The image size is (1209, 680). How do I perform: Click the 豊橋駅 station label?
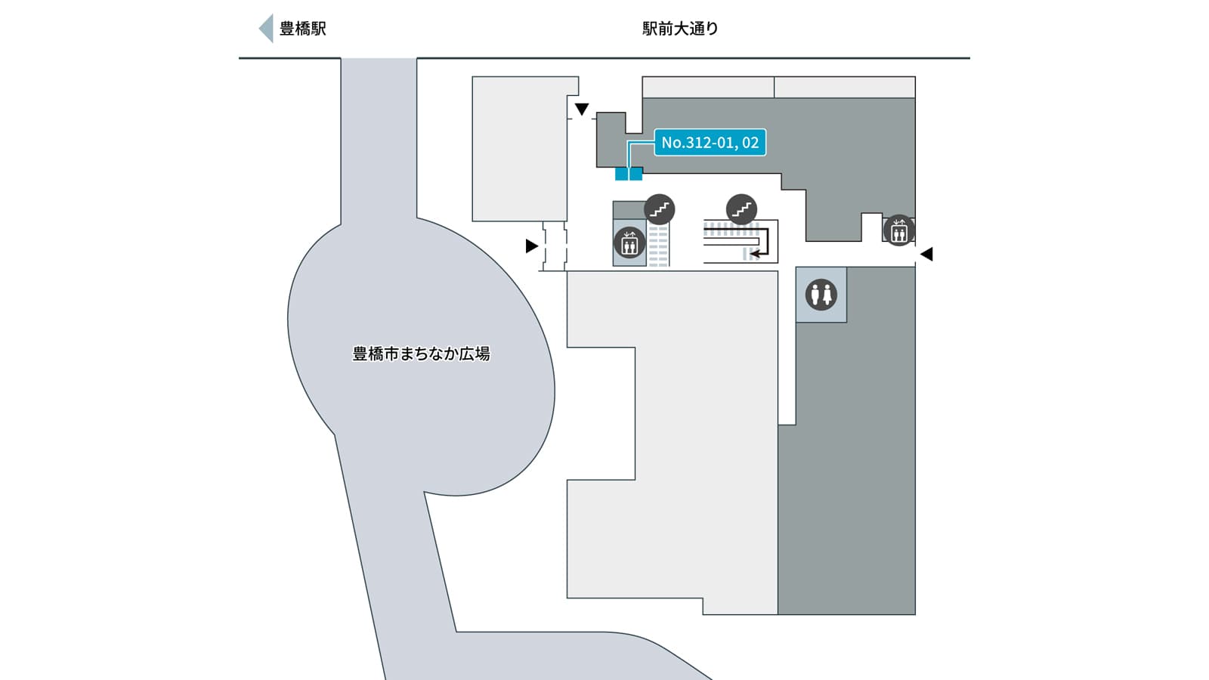(303, 29)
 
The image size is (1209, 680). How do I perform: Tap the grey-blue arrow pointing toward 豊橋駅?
(266, 29)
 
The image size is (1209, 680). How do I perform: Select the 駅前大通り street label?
(680, 29)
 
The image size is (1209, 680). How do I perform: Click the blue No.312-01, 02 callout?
(710, 142)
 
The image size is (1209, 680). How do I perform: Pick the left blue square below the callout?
(621, 175)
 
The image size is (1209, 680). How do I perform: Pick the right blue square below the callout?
(635, 175)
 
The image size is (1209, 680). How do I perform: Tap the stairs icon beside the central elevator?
(660, 209)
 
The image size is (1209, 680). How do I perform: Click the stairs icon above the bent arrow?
(741, 209)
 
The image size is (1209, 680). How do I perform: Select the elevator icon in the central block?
(629, 243)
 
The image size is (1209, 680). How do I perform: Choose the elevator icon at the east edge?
(898, 230)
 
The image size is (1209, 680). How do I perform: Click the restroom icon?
(821, 295)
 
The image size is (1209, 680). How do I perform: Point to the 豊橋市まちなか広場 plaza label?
(421, 354)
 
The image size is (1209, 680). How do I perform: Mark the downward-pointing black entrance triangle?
(581, 110)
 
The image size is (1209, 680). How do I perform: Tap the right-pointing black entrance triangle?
(532, 246)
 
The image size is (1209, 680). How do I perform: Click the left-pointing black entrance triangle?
(926, 255)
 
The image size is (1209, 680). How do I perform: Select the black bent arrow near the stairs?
(762, 246)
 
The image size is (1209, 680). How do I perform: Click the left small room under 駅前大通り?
(708, 87)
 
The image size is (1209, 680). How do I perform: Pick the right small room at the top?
(845, 87)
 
